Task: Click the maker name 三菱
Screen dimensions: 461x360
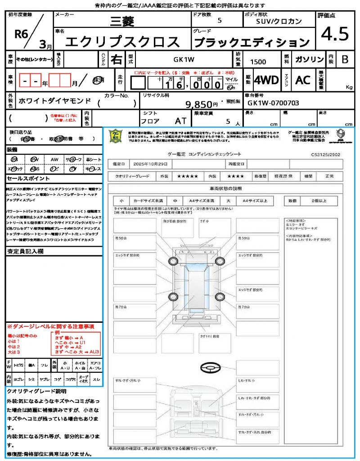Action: [121, 21]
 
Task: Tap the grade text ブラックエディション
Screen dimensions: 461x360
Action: [252, 42]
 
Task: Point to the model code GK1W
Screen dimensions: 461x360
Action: [184, 59]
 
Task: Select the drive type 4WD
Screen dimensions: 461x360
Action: [266, 80]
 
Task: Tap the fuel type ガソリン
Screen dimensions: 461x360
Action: [308, 59]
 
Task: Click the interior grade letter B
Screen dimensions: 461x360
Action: [345, 59]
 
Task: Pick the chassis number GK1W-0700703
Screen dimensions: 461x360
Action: [273, 103]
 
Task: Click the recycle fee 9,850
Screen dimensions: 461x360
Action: [198, 104]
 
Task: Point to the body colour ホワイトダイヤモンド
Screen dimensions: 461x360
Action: [55, 101]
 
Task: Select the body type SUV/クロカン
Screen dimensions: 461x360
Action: [279, 21]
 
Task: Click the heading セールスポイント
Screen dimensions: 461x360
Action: [23, 178]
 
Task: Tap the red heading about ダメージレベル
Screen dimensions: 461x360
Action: [50, 326]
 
